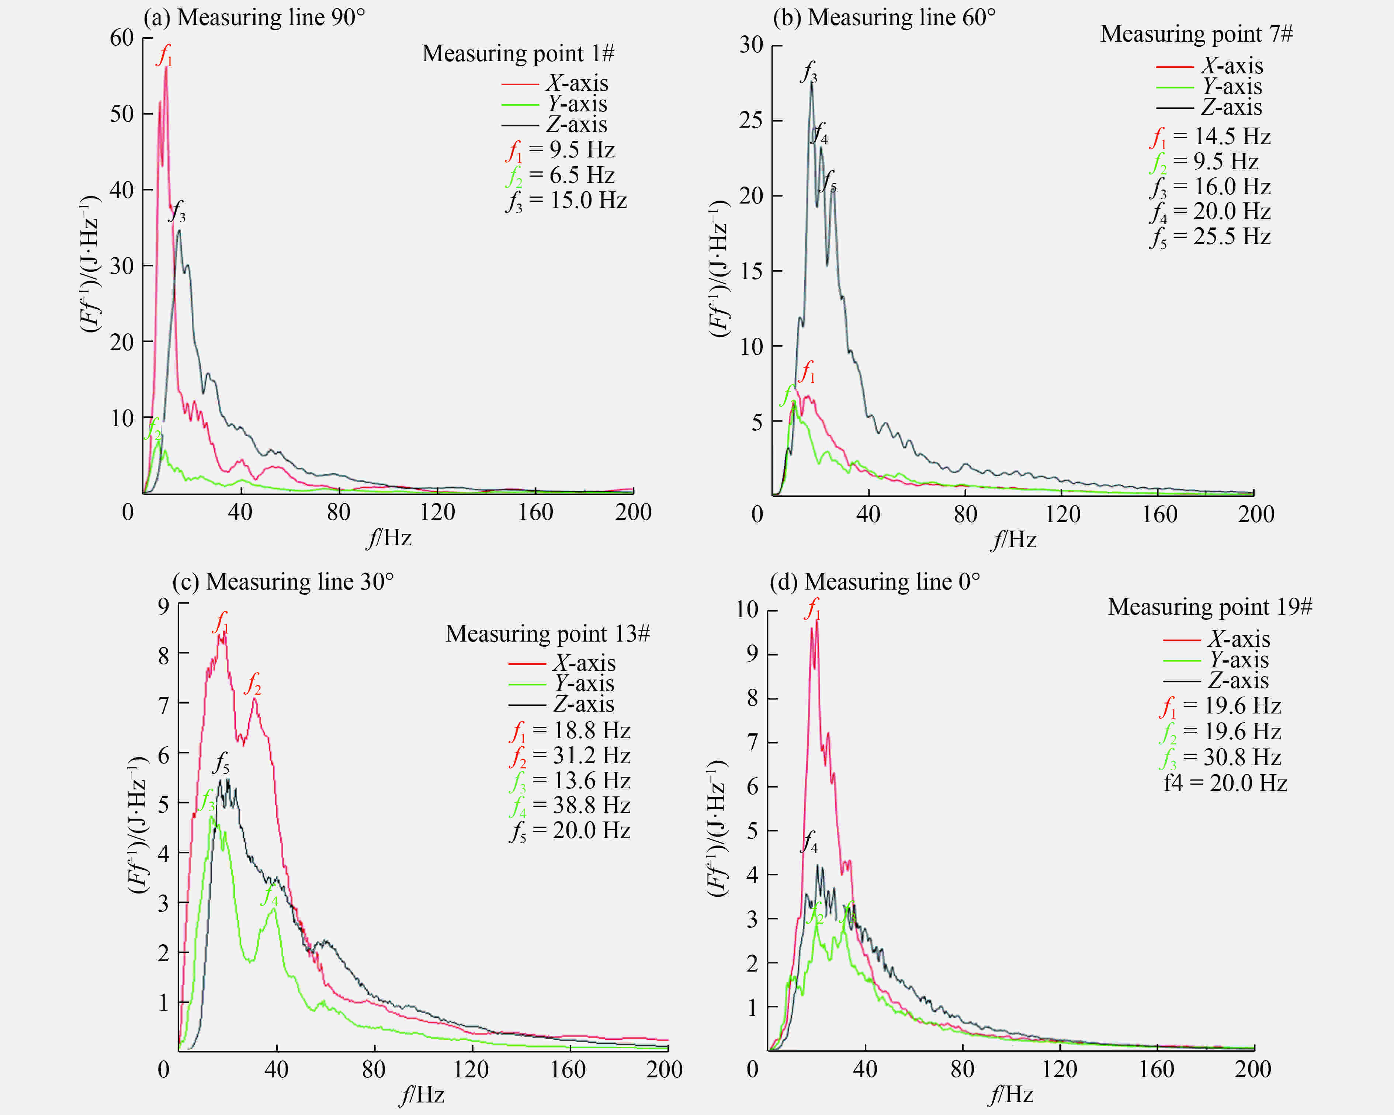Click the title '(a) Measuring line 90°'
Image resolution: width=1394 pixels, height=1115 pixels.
pos(254,17)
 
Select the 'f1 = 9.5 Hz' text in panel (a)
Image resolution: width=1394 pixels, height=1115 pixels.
pos(560,150)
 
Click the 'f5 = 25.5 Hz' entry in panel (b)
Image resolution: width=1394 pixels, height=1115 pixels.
pos(1210,237)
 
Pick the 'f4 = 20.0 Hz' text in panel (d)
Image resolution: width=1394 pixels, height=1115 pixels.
pos(1225,784)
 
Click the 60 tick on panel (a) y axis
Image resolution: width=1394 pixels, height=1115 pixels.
pos(122,38)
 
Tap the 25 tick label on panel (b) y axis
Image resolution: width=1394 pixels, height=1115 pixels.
pos(751,120)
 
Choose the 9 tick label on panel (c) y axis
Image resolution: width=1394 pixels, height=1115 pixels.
pos(164,606)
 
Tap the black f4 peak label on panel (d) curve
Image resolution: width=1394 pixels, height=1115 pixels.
pos(809,841)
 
